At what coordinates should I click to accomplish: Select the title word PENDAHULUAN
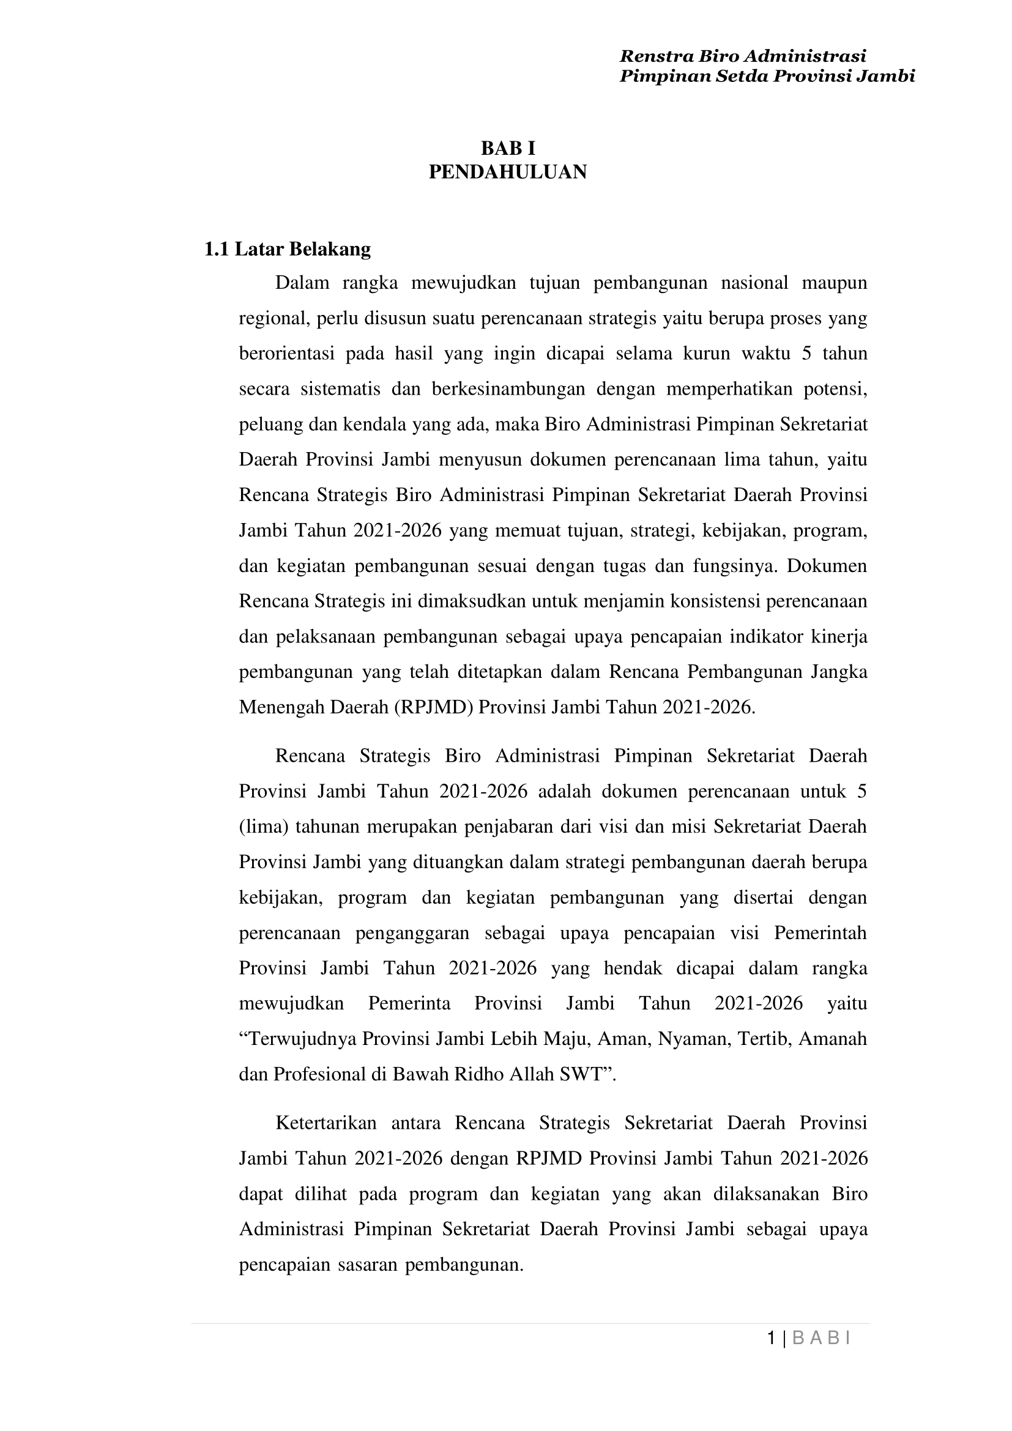[x=507, y=172]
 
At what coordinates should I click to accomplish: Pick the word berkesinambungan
[x=508, y=390]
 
